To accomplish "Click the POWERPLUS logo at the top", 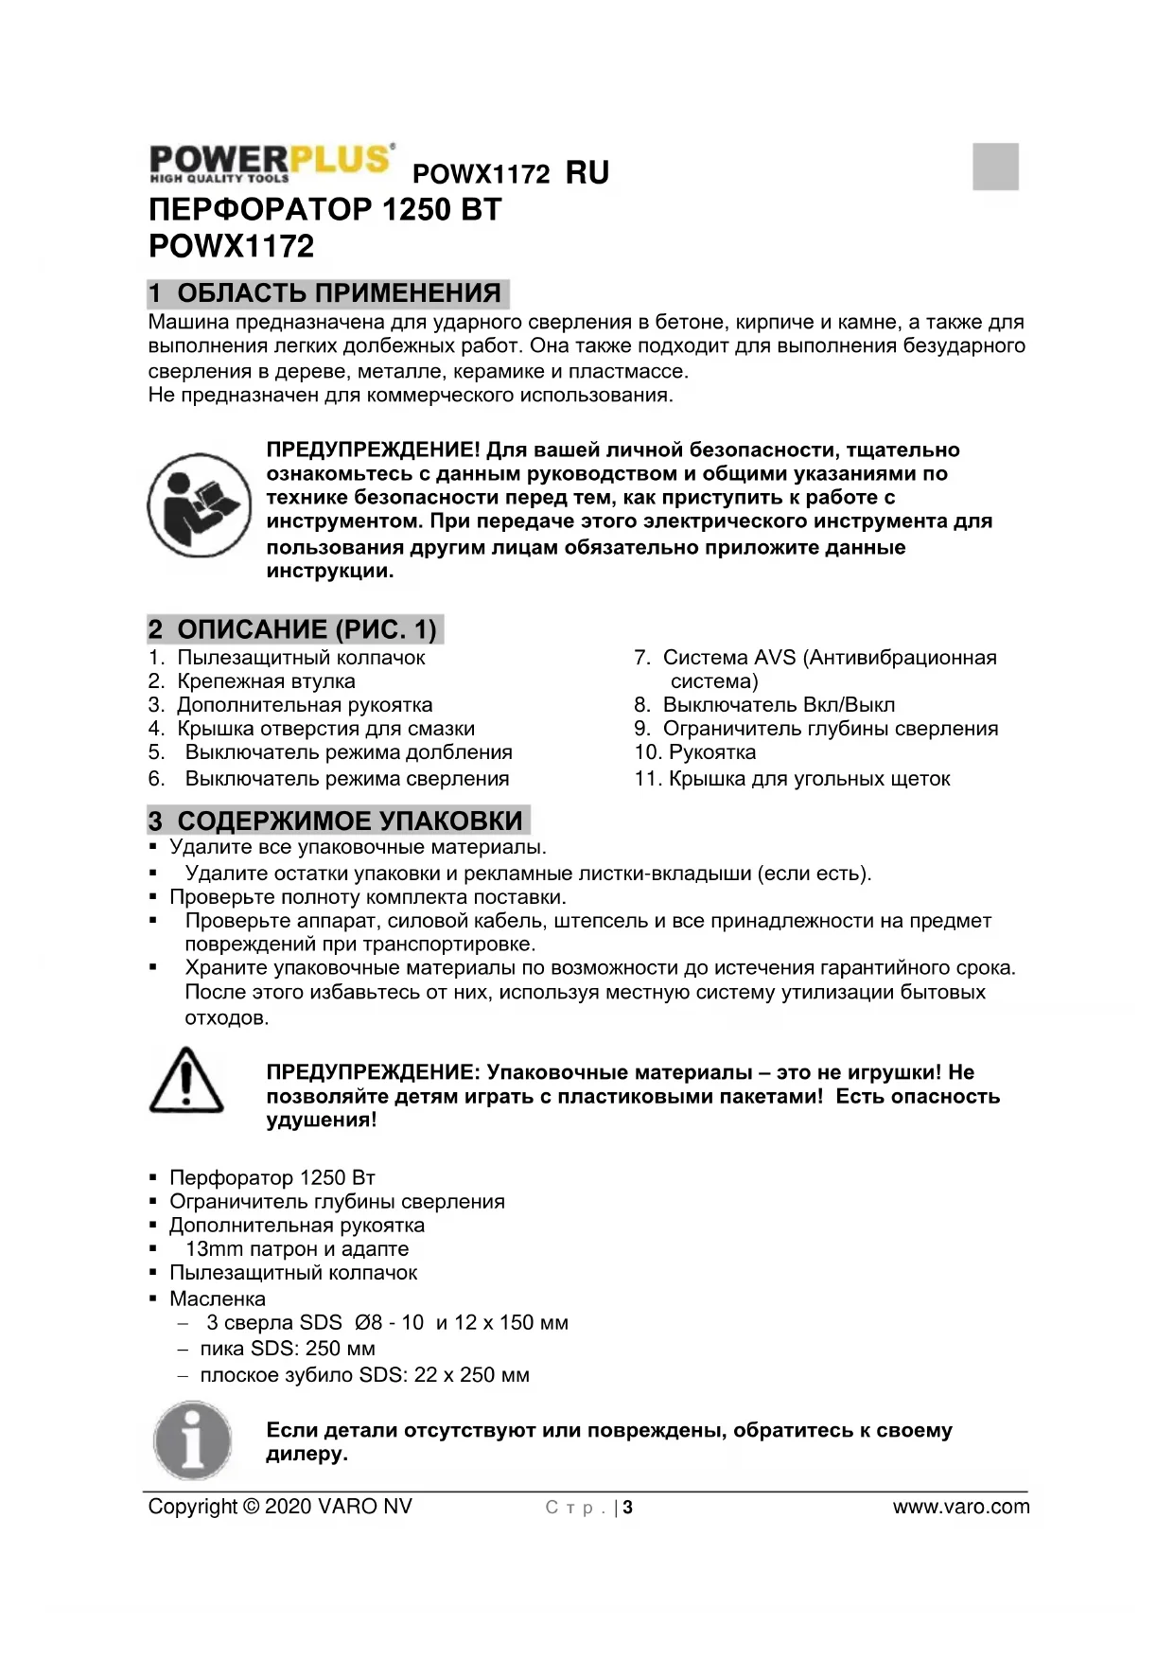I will click(x=271, y=162).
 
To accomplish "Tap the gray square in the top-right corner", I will click(x=995, y=167).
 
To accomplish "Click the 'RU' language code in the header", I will click(x=587, y=172).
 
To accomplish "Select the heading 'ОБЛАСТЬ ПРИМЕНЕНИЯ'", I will click(x=339, y=292).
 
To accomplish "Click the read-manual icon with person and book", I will click(x=199, y=504).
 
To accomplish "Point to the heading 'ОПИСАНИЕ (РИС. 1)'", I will click(x=307, y=629).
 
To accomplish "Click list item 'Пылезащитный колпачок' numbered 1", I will click(x=301, y=658).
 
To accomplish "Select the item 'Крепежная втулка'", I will click(x=266, y=681).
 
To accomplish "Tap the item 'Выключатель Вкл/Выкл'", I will click(x=778, y=705).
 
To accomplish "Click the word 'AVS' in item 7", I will click(x=775, y=658).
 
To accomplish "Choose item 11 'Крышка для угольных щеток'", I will click(x=809, y=779).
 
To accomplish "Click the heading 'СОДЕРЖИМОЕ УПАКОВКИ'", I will click(x=349, y=821).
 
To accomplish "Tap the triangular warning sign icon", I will click(x=186, y=1081).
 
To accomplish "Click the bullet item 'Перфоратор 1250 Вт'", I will click(x=272, y=1178).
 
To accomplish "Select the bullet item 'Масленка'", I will click(x=218, y=1299).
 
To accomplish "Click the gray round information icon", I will click(x=193, y=1440).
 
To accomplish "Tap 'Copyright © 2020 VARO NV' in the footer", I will click(x=280, y=1507).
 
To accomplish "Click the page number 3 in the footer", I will click(x=627, y=1508).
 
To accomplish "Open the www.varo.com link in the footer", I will click(x=960, y=1507).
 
